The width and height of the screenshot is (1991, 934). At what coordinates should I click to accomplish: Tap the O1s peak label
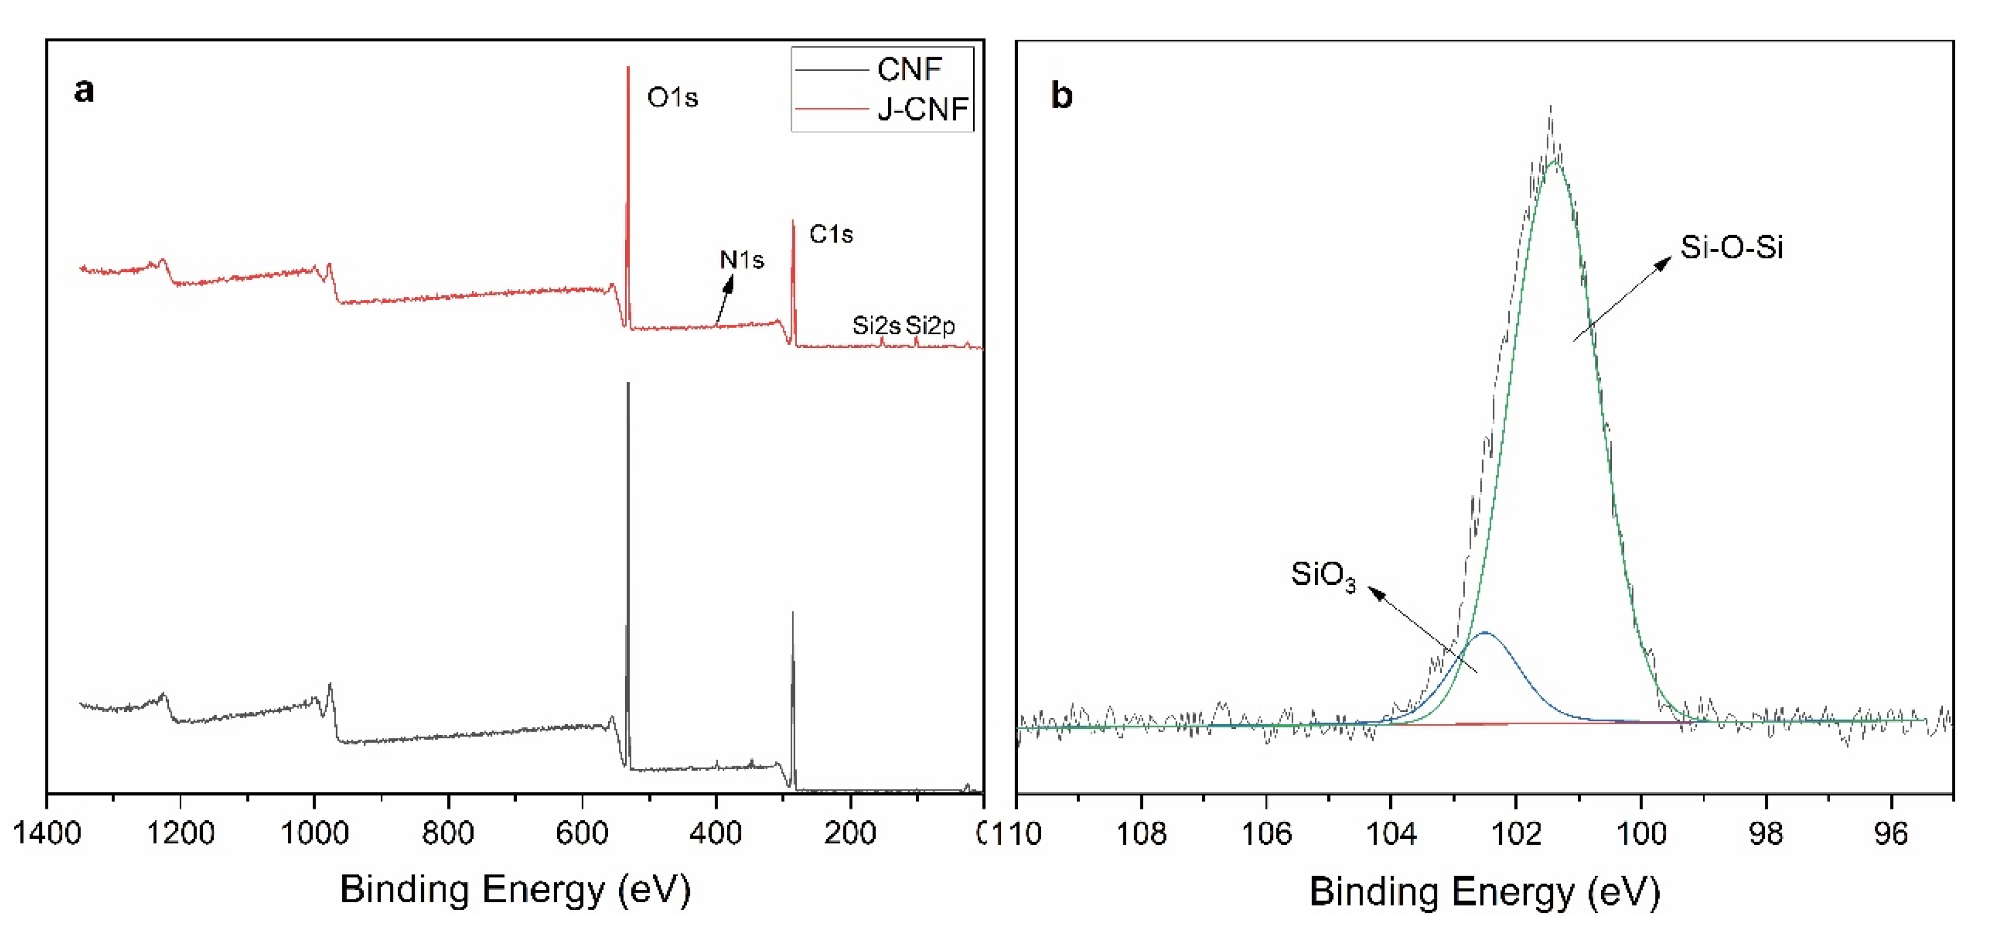pyautogui.click(x=672, y=97)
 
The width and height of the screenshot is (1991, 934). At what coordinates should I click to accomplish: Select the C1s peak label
pyautogui.click(x=831, y=233)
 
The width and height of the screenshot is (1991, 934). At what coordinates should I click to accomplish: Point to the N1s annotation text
pyautogui.click(x=741, y=260)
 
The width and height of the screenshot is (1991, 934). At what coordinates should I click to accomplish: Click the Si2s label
pyautogui.click(x=876, y=325)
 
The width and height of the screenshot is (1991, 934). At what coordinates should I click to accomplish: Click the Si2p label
pyautogui.click(x=930, y=325)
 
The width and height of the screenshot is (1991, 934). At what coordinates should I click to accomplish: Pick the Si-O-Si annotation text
pyautogui.click(x=1731, y=248)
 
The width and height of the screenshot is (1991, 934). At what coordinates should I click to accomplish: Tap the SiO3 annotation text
pyautogui.click(x=1323, y=575)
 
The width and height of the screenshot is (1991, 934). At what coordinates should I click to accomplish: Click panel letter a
pyautogui.click(x=83, y=91)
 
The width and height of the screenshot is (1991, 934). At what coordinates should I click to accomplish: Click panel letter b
pyautogui.click(x=1061, y=96)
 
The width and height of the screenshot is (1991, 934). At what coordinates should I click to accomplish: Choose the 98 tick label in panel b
pyautogui.click(x=1765, y=834)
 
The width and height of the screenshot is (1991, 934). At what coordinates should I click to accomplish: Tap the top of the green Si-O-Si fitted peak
pyautogui.click(x=1554, y=161)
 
